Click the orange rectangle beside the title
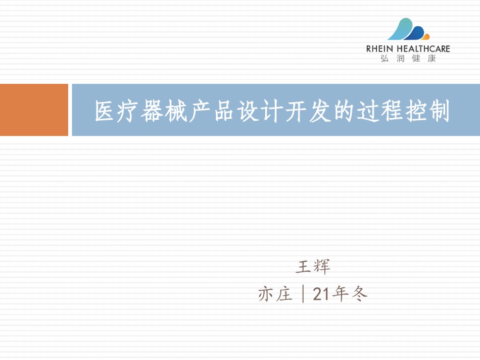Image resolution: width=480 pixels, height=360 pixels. [x=34, y=110]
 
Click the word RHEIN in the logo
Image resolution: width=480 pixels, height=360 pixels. [x=379, y=49]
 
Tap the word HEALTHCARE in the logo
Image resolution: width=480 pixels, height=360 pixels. [x=423, y=49]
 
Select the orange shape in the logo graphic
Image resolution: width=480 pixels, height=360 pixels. [x=425, y=37]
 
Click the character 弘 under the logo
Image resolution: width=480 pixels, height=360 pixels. [x=385, y=59]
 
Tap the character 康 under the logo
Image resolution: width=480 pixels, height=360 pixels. [x=431, y=59]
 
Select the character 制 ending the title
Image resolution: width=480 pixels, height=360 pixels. [x=439, y=111]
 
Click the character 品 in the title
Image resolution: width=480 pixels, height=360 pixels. [x=224, y=111]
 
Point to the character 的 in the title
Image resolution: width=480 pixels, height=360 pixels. [x=344, y=111]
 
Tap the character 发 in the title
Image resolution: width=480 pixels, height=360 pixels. [x=320, y=111]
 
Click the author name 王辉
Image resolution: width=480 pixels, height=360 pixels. [x=313, y=266]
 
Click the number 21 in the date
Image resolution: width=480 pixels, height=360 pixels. [x=322, y=294]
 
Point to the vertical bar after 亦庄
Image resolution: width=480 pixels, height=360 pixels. [x=303, y=294]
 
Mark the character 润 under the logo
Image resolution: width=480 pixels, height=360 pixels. [x=400, y=59]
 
